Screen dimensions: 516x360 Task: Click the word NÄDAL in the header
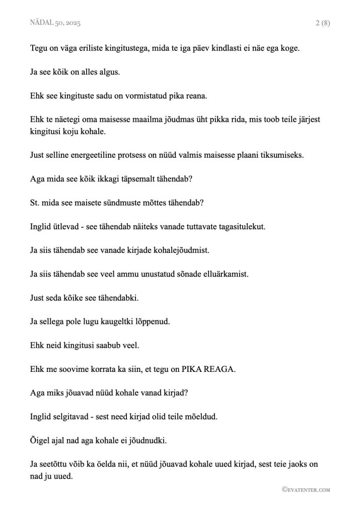(40, 24)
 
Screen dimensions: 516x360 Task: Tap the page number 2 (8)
(322, 24)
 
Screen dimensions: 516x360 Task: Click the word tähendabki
(117, 297)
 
